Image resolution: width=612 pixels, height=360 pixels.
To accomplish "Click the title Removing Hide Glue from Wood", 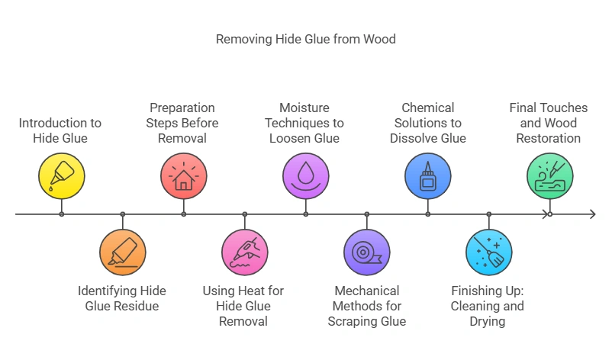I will (305, 39).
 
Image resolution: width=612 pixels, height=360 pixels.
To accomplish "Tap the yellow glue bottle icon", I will (62, 176).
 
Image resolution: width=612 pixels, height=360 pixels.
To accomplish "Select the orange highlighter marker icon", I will (122, 252).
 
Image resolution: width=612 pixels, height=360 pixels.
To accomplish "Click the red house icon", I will (183, 176).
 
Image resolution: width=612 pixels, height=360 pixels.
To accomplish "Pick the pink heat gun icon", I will (244, 252).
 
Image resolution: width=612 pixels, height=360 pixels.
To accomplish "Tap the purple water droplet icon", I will (305, 176).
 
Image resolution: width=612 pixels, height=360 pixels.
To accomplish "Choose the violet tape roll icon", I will (366, 252).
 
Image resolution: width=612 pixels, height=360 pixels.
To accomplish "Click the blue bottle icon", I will (427, 176).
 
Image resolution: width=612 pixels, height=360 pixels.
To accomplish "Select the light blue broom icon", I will (488, 252).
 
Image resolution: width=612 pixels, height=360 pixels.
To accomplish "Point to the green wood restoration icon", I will (549, 176).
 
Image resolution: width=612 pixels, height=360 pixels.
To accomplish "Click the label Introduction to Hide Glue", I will (60, 130).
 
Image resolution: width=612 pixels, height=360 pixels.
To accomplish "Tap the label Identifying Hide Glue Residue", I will (122, 298).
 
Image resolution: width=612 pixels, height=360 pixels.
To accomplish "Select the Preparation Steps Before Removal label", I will (183, 123).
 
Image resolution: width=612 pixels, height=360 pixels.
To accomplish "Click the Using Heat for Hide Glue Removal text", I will (244, 306).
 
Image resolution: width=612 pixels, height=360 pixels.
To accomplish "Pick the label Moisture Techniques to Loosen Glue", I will (305, 123).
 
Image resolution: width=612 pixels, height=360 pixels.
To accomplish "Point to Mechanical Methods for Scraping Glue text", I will (366, 306).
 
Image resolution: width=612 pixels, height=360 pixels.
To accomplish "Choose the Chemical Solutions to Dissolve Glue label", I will (427, 123).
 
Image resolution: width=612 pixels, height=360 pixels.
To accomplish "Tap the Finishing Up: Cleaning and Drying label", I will (488, 306).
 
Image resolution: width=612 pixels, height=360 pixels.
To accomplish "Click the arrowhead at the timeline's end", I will (591, 214).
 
